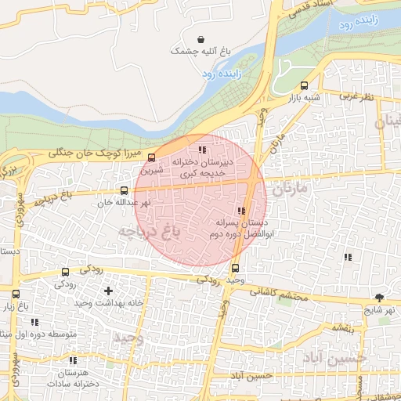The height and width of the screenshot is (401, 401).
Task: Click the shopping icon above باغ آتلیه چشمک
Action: pos(201,38)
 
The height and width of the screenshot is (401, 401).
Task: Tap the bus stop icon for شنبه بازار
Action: pos(304,86)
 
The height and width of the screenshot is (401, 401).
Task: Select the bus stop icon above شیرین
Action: pos(152,157)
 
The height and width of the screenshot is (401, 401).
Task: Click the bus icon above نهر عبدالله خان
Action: pos(125,190)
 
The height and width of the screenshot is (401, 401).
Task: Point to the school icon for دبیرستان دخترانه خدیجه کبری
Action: pos(201,149)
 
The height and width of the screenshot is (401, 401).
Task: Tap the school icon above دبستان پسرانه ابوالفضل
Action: pos(240,211)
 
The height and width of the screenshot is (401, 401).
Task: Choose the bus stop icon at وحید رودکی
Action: pos(236,269)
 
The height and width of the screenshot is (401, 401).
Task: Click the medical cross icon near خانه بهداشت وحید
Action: pos(107,291)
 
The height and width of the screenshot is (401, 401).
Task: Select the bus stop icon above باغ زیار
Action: pos(16,294)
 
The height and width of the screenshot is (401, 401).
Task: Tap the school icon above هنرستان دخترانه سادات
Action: pos(73,361)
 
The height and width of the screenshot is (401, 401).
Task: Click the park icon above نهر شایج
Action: pos(380,297)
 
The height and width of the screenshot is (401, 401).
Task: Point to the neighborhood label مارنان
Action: pos(293,189)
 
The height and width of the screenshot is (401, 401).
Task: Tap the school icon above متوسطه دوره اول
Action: pos(34,322)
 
